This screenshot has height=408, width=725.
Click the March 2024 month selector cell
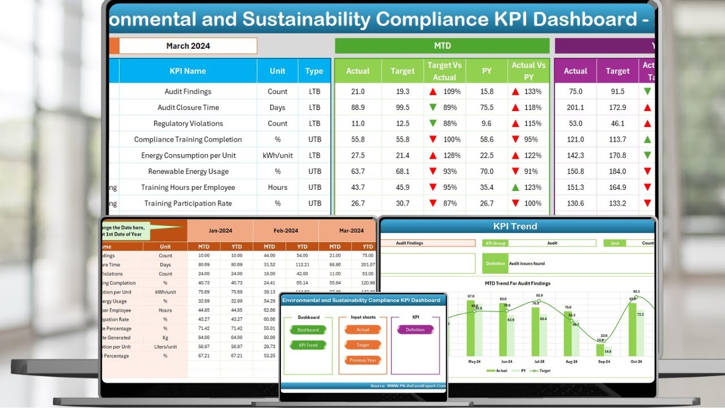188,46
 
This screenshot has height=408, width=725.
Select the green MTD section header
442,46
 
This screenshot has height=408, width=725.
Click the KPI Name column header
187,71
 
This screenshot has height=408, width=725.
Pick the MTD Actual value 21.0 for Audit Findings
357,91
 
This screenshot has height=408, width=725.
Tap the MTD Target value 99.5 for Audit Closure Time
402,107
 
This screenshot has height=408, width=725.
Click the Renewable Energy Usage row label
188,171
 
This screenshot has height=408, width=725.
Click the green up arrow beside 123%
515,187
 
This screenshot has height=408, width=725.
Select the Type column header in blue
314,71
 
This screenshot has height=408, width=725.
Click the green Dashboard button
308,330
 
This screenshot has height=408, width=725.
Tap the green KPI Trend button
308,345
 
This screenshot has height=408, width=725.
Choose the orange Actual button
363,330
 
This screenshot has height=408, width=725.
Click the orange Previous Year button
363,360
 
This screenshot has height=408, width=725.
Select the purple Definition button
415,330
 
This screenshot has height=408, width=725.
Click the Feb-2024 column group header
285,231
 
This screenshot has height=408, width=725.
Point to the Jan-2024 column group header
220,231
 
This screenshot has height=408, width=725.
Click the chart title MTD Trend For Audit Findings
517,283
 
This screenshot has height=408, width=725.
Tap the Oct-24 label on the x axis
636,361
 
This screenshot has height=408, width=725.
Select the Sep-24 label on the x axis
604,361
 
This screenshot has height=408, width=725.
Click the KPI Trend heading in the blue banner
515,226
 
